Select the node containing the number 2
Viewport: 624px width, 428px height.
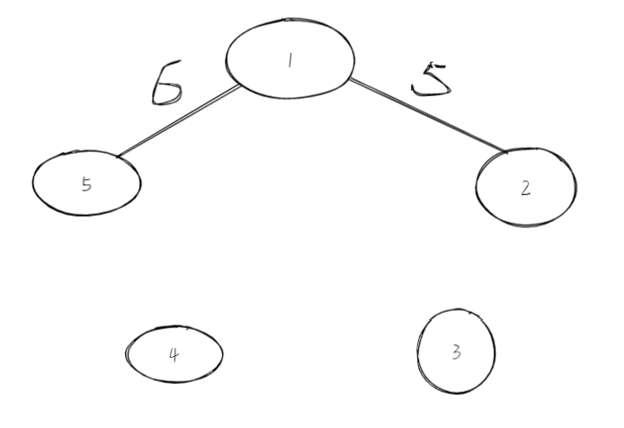point(526,188)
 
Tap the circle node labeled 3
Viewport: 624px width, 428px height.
point(456,351)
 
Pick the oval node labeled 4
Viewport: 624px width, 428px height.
point(174,352)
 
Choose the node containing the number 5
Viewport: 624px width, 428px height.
point(86,183)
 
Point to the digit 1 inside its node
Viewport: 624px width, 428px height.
point(290,60)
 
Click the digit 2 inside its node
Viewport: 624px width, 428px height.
point(526,189)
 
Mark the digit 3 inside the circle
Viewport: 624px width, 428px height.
point(456,352)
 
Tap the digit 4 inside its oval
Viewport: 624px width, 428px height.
point(174,353)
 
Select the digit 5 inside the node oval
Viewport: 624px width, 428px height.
point(86,184)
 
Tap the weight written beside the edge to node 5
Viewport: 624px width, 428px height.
point(167,82)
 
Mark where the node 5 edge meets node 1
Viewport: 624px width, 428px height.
point(240,86)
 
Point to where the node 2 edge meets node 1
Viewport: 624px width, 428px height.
point(349,80)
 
